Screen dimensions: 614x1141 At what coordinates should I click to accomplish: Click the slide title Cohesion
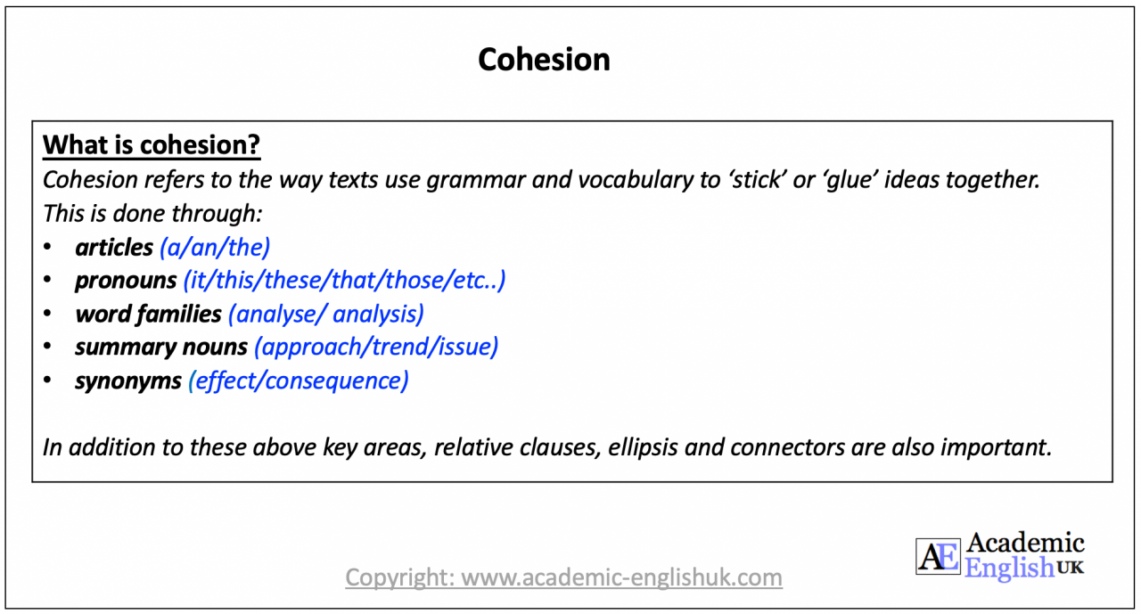click(544, 60)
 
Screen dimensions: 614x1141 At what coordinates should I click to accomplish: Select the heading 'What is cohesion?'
click(152, 145)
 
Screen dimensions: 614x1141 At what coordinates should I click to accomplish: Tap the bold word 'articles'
click(114, 247)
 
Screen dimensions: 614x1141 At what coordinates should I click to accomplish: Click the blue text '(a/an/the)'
click(214, 247)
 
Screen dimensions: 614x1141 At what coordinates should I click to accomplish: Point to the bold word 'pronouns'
click(126, 281)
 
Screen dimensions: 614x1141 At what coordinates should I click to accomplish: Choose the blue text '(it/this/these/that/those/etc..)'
click(344, 281)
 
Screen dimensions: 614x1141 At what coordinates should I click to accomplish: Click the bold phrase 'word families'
click(148, 314)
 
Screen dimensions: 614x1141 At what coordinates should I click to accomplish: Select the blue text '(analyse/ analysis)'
click(325, 314)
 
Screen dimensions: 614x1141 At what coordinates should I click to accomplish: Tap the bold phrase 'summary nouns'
click(160, 348)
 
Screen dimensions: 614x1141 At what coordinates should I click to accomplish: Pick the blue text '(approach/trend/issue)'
click(375, 348)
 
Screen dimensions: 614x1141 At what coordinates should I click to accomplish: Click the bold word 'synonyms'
click(128, 381)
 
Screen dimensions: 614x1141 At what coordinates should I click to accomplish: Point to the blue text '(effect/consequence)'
click(298, 381)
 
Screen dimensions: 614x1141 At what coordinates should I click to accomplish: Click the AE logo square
click(938, 556)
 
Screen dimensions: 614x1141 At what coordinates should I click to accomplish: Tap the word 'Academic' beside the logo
click(1025, 543)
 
